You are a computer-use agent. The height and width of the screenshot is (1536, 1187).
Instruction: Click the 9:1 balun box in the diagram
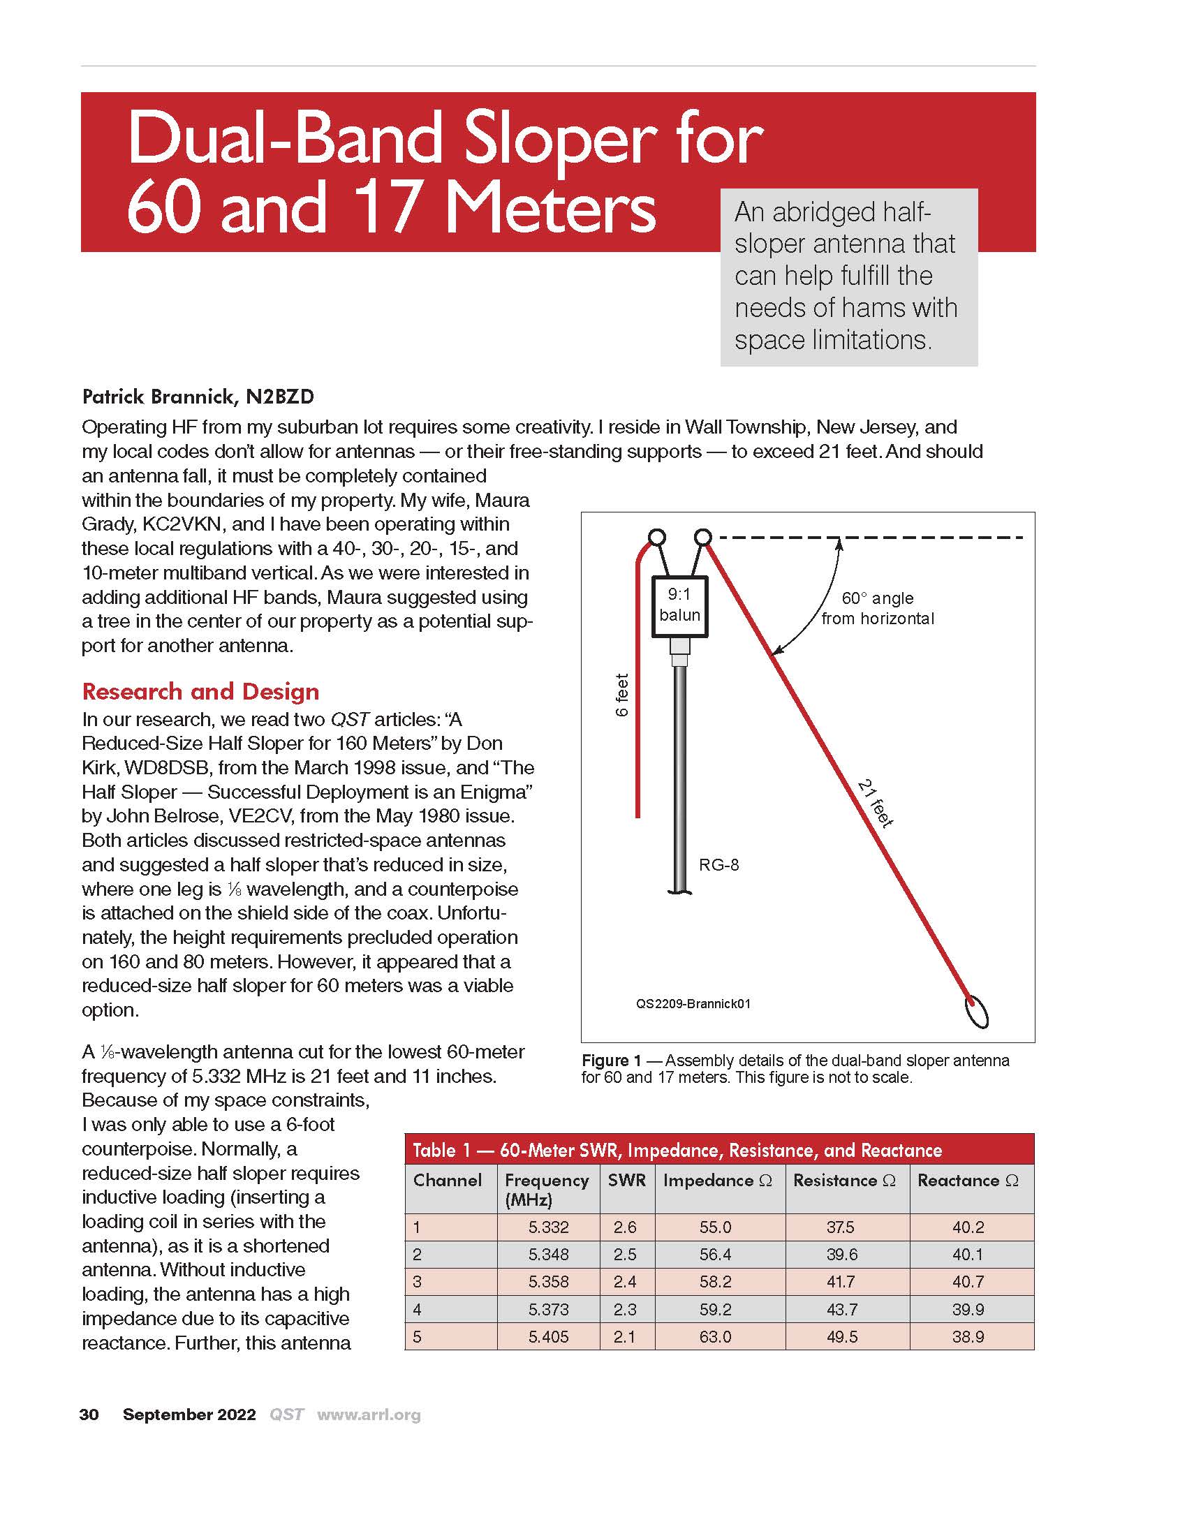(679, 606)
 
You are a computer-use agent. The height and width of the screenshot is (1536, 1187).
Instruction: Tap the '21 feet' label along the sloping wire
(876, 802)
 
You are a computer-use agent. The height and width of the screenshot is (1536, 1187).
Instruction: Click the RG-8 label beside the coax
(718, 865)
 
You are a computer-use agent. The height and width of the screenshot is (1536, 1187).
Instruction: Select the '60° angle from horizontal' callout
(878, 608)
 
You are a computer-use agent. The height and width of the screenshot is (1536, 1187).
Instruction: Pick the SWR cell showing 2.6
(624, 1227)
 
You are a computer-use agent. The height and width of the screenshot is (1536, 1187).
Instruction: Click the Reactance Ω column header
(968, 1180)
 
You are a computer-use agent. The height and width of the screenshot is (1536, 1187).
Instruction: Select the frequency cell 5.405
(549, 1336)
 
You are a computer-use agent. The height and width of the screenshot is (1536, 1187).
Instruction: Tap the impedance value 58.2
(715, 1281)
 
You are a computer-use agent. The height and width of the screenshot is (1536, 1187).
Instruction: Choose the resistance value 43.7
(841, 1309)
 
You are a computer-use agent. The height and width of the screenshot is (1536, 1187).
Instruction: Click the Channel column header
(448, 1180)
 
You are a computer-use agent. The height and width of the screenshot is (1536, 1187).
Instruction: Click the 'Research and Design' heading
(200, 691)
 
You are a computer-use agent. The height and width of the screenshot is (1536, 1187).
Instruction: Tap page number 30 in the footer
(89, 1415)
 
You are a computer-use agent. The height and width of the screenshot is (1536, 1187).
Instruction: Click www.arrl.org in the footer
(369, 1415)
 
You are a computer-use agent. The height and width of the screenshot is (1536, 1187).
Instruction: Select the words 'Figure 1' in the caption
(611, 1061)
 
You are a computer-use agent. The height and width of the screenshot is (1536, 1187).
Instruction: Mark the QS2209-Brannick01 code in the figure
(693, 1003)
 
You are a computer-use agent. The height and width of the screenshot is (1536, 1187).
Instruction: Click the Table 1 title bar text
(677, 1150)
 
